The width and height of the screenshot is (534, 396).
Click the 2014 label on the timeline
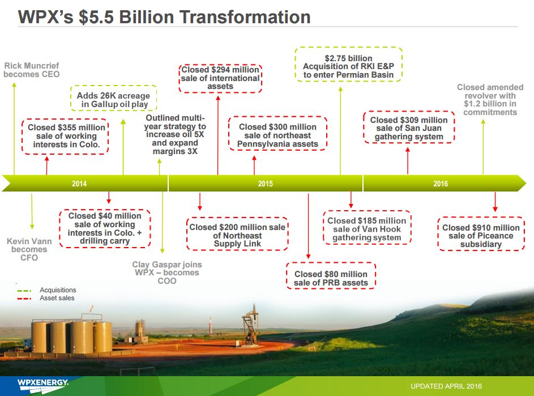tap(79, 184)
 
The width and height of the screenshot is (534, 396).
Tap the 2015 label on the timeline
tap(265, 184)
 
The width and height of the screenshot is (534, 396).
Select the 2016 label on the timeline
tap(441, 184)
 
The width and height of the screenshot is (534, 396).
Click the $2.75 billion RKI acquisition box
tap(348, 65)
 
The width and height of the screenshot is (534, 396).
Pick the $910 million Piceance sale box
tap(481, 234)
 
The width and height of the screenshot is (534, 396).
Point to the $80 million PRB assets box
tap(331, 276)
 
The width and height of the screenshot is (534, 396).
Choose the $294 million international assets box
tap(220, 78)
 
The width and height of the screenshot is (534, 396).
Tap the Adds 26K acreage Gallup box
tap(113, 98)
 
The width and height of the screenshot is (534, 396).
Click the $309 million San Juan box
tap(409, 127)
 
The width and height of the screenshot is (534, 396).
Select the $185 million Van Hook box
tap(367, 228)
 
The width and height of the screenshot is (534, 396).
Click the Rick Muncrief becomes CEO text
tap(32, 70)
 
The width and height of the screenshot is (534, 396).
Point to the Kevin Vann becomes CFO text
tap(29, 249)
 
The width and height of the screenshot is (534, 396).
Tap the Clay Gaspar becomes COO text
tap(167, 272)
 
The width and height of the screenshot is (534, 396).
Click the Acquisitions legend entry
tap(46, 290)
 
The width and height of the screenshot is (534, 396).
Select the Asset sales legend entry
tap(46, 298)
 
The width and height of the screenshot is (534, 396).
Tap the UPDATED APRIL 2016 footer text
tap(446, 386)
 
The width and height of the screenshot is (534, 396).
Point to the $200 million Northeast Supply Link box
tap(237, 235)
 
